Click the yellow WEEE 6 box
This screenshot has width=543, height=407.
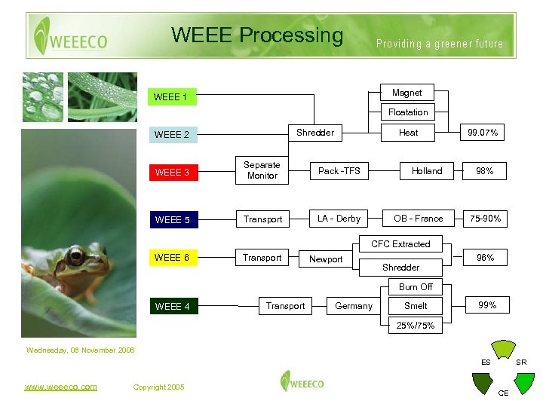pyautogui.click(x=172, y=258)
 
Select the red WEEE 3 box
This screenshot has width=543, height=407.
pyautogui.click(x=172, y=173)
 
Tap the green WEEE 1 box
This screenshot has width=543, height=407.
pyautogui.click(x=171, y=97)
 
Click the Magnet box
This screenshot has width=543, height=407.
pyautogui.click(x=407, y=93)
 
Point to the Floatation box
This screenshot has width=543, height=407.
pyautogui.click(x=408, y=112)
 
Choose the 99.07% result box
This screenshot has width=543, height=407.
pyautogui.click(x=483, y=133)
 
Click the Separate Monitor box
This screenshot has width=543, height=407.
pyautogui.click(x=262, y=170)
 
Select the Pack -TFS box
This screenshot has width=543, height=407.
pyautogui.click(x=339, y=171)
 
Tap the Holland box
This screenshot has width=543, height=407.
pyautogui.click(x=427, y=171)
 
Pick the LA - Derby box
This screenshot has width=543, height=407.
pyautogui.click(x=339, y=219)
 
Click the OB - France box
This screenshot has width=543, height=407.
pyautogui.click(x=419, y=219)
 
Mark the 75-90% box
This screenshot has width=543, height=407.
pyautogui.click(x=485, y=219)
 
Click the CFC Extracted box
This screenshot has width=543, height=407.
pyautogui.click(x=400, y=244)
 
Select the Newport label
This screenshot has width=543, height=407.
pyautogui.click(x=326, y=259)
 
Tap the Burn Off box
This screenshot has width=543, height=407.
pyautogui.click(x=416, y=287)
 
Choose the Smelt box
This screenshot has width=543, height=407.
pyautogui.click(x=416, y=306)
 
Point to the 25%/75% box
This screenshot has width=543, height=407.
pyautogui.click(x=416, y=326)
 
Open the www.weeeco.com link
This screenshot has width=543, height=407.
pyautogui.click(x=60, y=387)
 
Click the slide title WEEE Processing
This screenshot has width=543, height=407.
pyautogui.click(x=257, y=35)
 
